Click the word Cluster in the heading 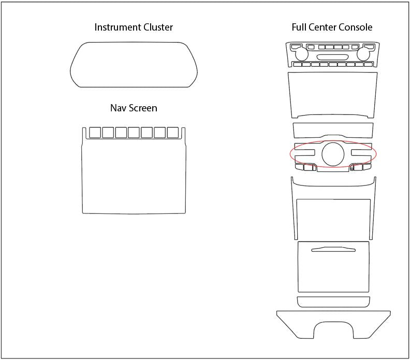(157, 27)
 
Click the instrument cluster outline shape (135, 64)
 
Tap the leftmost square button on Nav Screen (95, 133)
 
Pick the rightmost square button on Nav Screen (172, 133)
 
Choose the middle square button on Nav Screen (134, 133)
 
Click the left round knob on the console (300, 54)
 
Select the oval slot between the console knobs (331, 56)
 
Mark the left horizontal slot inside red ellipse (305, 153)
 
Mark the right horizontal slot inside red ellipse (361, 153)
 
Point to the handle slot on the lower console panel (333, 250)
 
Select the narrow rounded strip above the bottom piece (333, 302)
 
